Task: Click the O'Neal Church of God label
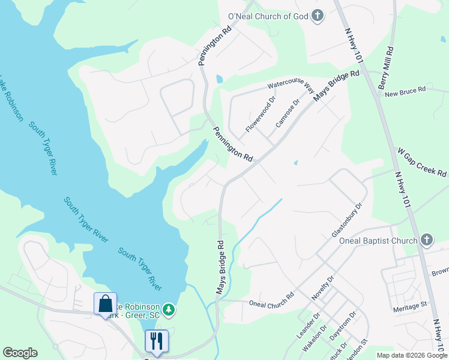coord(267,16)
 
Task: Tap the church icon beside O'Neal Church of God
coord(318,16)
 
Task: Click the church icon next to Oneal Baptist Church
coord(426,241)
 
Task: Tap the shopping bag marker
coord(105,303)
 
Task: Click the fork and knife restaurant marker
coord(157,341)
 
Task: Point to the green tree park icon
coord(169,310)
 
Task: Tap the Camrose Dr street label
coord(287,113)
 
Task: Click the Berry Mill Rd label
coord(386,69)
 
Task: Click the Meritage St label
coord(409,304)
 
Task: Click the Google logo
coord(20,353)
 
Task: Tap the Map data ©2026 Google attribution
coord(411,355)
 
